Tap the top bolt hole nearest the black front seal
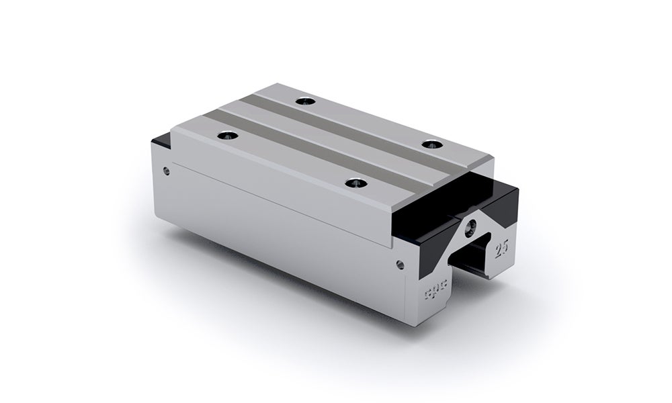430,144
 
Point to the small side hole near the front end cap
401,264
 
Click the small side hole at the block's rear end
167,171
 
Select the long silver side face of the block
282,228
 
